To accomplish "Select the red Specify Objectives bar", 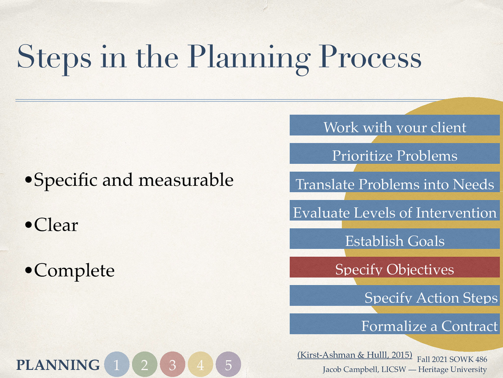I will pos(395,267).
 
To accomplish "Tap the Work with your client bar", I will pos(395,126).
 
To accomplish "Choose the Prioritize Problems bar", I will pos(395,154).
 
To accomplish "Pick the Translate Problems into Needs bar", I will pos(395,182).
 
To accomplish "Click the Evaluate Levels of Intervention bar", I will pos(395,211).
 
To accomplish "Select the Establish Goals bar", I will pos(395,239).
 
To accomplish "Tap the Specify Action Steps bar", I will pos(395,296).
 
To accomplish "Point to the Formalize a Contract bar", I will pos(395,324).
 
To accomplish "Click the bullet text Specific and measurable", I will pos(133,180).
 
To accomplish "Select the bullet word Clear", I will pos(56,225).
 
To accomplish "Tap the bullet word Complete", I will pos(74,270).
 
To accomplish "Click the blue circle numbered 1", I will pos(117,364).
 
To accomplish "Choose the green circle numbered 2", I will pos(145,364).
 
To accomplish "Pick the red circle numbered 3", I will pos(173,364).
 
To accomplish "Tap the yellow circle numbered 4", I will pos(201,364).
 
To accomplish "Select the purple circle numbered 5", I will pos(229,364).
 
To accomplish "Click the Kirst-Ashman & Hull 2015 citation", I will pos(355,355).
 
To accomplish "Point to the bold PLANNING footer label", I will pos(58,365).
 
